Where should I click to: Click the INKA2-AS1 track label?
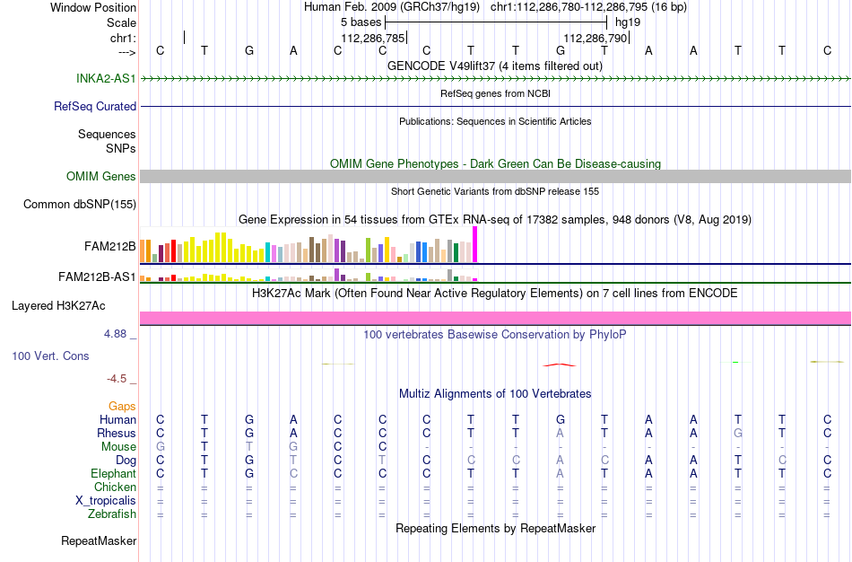106,78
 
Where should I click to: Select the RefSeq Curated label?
95,106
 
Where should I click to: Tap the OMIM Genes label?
101,176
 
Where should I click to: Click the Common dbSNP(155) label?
80,204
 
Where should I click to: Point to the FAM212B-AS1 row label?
97,277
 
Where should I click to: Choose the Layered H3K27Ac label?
58,306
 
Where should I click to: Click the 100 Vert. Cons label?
50,356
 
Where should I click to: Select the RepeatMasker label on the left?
99,540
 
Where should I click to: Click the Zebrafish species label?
112,514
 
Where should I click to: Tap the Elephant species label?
114,473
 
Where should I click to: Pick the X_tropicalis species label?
106,501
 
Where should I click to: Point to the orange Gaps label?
122,407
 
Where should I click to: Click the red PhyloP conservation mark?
560,365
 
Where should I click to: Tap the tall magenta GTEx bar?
475,245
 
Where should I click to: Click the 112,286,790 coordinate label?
595,38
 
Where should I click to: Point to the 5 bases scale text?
361,22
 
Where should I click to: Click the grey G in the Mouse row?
160,447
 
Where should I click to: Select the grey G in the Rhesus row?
737,433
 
